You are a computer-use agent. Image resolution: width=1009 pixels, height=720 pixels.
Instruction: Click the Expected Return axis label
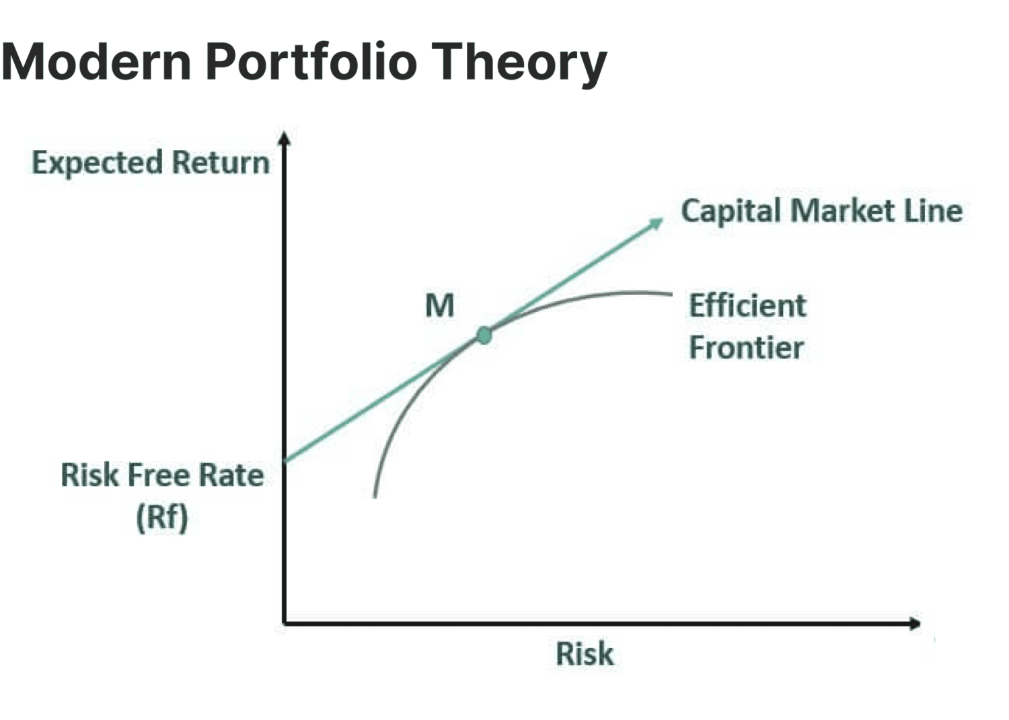click(151, 163)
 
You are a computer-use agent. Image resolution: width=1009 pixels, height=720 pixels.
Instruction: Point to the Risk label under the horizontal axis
click(585, 654)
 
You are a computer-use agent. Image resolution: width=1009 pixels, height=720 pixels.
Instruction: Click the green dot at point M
click(484, 335)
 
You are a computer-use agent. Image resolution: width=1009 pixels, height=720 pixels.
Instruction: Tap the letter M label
click(440, 306)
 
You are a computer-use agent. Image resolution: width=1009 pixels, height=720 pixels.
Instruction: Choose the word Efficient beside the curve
click(747, 306)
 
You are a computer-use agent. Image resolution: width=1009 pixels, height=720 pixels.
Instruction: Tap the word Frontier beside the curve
click(746, 348)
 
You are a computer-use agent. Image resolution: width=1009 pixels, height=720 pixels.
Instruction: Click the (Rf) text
click(162, 518)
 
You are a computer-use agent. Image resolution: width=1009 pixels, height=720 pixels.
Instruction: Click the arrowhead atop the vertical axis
click(285, 138)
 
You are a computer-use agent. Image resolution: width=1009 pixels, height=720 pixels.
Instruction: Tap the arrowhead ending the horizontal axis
click(914, 624)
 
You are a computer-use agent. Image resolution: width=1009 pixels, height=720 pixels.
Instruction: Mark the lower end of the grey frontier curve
click(375, 496)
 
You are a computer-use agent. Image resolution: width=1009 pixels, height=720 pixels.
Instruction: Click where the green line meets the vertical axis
click(285, 461)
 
